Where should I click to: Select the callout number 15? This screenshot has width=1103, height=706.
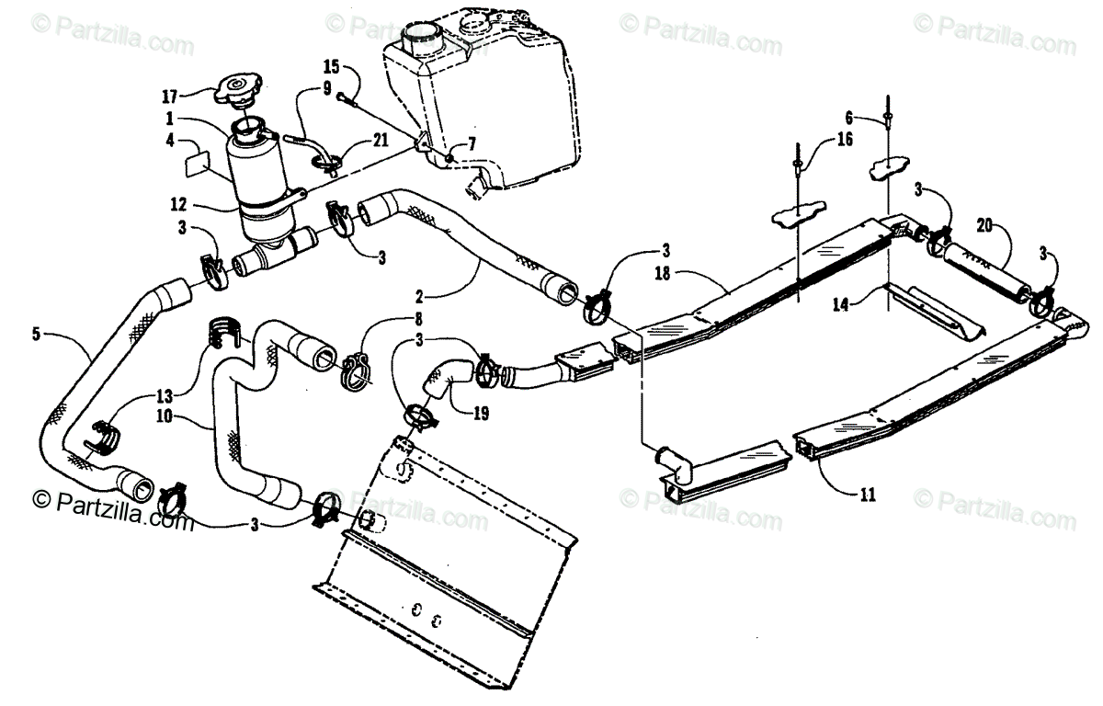pos(332,66)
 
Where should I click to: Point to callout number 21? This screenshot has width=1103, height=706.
pos(379,139)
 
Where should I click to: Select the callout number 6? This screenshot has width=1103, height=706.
pos(849,117)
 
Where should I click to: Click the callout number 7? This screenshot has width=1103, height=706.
pos(472,145)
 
